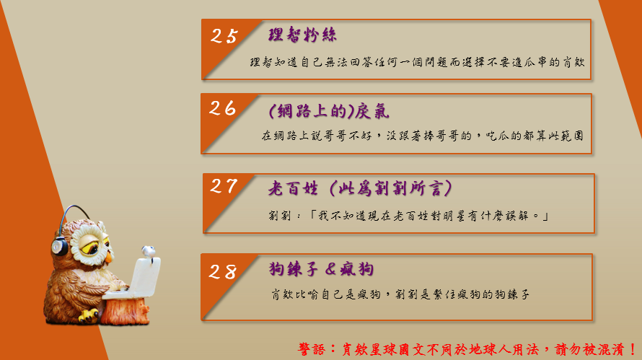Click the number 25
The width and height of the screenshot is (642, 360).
point(224,36)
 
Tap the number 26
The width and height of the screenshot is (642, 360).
point(223,108)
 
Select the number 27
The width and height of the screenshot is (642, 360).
point(224,186)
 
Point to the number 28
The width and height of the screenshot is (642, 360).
point(223,271)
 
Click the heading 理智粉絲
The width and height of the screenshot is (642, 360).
point(302,35)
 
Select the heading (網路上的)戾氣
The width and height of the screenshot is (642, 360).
point(329,111)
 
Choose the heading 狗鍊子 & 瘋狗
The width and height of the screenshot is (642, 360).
point(322,268)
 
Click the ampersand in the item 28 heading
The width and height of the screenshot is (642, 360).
point(331,268)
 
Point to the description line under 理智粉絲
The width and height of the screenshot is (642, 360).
point(417,62)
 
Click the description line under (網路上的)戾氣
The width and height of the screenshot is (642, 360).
point(423,136)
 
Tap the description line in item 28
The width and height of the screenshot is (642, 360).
point(400,294)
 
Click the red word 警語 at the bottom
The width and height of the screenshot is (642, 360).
point(312,349)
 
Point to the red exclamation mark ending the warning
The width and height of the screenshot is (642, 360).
point(633,349)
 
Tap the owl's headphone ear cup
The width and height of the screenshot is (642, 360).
point(59,247)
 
